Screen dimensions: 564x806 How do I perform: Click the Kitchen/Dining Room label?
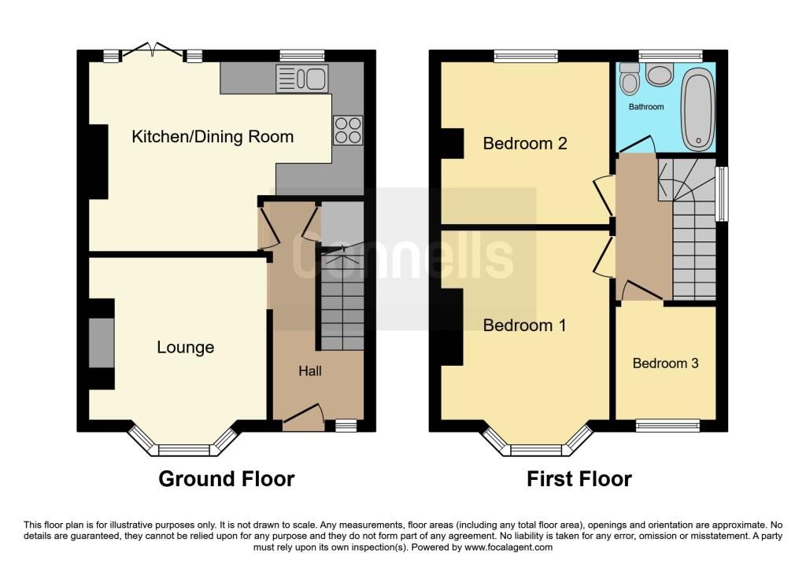[x=213, y=137]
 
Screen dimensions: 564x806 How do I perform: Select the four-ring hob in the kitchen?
[x=348, y=131]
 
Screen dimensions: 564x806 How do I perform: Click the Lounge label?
[x=185, y=347]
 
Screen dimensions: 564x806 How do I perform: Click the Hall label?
[x=309, y=370]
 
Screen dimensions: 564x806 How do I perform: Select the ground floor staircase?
[x=340, y=299]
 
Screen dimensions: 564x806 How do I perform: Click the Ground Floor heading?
[x=227, y=478]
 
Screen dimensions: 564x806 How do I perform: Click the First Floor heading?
[x=579, y=478]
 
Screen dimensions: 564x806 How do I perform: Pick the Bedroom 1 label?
[x=524, y=325]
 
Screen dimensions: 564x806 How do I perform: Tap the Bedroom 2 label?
[x=524, y=144]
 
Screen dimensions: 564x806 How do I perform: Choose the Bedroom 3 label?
[x=665, y=363]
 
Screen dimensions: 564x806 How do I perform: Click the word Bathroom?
[x=645, y=106]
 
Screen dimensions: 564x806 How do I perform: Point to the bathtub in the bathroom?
[x=697, y=110]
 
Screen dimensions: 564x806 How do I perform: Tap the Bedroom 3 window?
[x=667, y=426]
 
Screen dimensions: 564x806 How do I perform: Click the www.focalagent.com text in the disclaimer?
[x=509, y=547]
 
